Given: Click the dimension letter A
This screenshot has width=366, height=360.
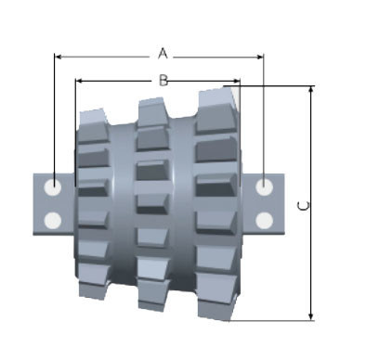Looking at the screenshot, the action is (163, 54).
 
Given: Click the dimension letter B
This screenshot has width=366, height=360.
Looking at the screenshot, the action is (163, 81).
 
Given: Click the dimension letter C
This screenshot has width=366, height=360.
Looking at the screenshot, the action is (303, 206).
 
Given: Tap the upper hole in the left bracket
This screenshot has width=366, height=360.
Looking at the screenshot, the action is (53, 187).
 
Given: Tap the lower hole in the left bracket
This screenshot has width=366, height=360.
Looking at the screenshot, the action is (53, 221).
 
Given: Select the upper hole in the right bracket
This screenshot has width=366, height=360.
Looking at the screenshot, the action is (265, 186).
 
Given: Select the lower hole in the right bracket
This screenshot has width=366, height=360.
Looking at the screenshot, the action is (265, 221).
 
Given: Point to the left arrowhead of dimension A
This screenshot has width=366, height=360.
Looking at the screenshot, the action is (58, 57).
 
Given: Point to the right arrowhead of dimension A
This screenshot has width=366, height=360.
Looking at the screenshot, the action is (260, 57).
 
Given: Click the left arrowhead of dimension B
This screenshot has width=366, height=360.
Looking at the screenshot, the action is (79, 81).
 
